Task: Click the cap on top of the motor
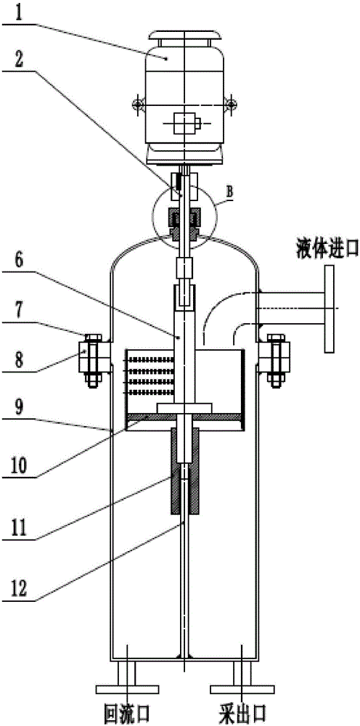184,36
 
